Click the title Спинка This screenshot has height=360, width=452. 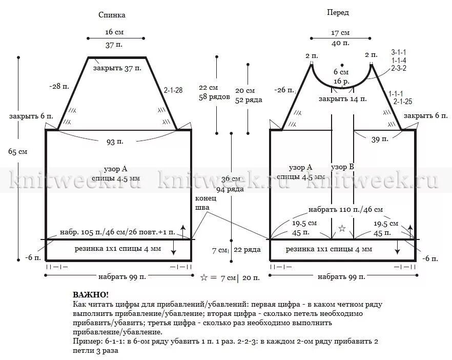112,15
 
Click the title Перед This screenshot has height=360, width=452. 338,12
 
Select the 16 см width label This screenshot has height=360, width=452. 114,32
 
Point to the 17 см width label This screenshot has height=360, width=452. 340,32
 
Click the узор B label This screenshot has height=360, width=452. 342,167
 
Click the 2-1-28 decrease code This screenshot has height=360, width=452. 173,90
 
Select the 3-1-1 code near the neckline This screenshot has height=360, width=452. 398,52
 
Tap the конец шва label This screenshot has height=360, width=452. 202,203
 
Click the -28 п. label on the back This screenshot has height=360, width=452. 59,86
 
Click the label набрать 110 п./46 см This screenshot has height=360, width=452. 345,210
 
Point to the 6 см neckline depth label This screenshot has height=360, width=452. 341,72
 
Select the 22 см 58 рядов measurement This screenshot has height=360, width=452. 214,92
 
